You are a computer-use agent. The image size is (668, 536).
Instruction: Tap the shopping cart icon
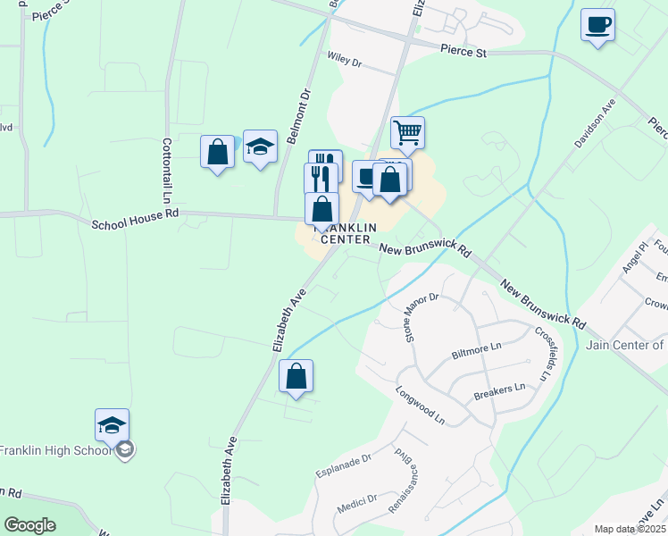[x=407, y=132]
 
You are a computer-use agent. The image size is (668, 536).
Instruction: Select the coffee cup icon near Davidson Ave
[x=597, y=24]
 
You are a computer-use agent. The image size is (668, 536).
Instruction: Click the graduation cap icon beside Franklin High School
[x=112, y=424]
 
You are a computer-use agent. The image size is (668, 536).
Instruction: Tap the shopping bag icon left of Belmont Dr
[x=217, y=152]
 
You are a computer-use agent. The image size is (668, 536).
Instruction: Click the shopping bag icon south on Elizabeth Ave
[x=296, y=376]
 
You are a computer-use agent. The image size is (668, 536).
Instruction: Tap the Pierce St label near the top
[x=463, y=53]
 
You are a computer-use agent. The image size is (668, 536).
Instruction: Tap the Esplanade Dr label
[x=342, y=465]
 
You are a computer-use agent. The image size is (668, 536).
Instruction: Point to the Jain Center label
[x=625, y=345]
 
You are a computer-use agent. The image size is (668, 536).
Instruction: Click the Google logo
[x=29, y=525]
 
